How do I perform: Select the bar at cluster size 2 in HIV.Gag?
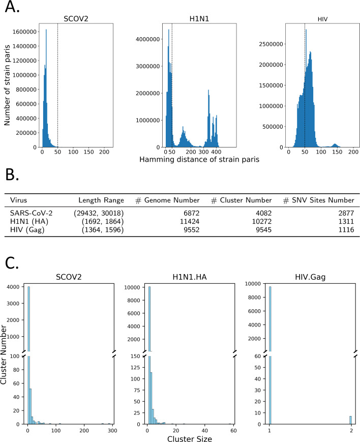[350, 420]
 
